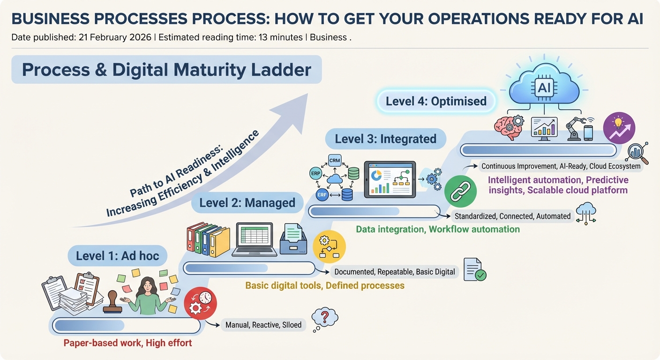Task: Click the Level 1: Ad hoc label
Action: [x=118, y=256]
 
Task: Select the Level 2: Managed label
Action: [x=247, y=202]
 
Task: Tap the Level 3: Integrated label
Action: [x=385, y=139]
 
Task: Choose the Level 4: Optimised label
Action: [x=436, y=101]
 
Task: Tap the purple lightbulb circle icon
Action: [x=619, y=127]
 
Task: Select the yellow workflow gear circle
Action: [x=329, y=247]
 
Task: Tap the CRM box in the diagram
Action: [x=335, y=160]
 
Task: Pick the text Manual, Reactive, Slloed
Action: [x=263, y=325]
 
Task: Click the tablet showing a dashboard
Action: [x=390, y=179]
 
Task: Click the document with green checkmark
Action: [x=474, y=270]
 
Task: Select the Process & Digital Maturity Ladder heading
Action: [x=166, y=69]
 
